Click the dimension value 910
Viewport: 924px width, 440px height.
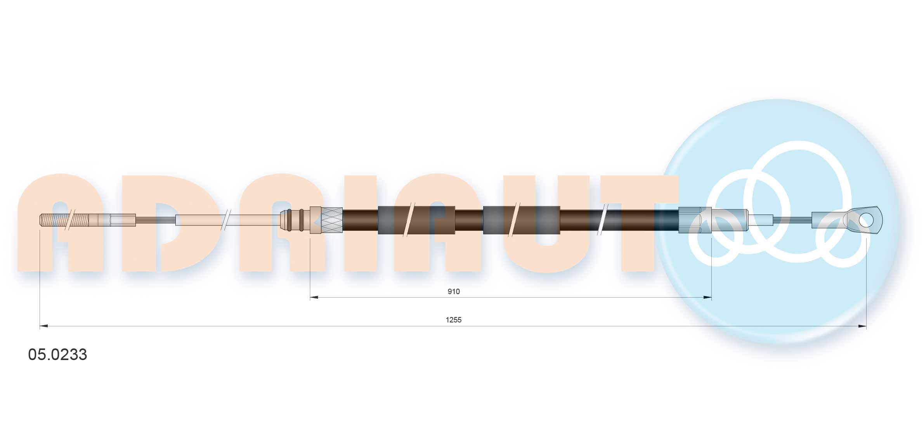pos(453,291)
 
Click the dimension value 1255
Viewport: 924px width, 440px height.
pos(453,320)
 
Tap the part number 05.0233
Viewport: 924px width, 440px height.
pos(57,355)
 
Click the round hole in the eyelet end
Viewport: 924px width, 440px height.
pos(866,220)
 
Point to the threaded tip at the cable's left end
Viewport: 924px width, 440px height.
pos(64,220)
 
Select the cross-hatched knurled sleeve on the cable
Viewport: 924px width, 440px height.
pos(332,220)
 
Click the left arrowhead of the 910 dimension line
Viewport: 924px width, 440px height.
pos(314,298)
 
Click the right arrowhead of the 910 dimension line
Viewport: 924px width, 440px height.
pos(707,298)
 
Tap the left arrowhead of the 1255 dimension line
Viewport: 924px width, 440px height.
pos(44,326)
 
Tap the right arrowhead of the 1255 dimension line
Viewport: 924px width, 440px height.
pos(862,326)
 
